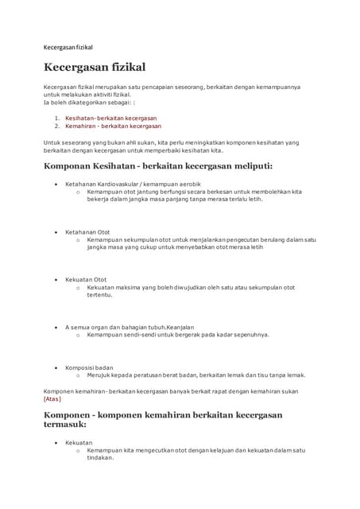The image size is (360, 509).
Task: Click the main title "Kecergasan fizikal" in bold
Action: point(95,68)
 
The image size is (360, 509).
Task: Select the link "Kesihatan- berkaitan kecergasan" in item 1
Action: point(110,118)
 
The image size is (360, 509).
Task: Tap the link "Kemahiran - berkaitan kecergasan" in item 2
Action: point(113,126)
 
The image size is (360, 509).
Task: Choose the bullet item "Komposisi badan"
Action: point(89,367)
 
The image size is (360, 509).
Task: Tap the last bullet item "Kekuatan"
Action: point(79,442)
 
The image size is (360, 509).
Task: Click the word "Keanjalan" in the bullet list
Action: point(176,327)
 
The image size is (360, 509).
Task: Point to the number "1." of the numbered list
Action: point(57,118)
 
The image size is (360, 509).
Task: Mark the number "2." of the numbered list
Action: point(57,126)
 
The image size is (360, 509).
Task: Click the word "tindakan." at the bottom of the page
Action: point(101,457)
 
